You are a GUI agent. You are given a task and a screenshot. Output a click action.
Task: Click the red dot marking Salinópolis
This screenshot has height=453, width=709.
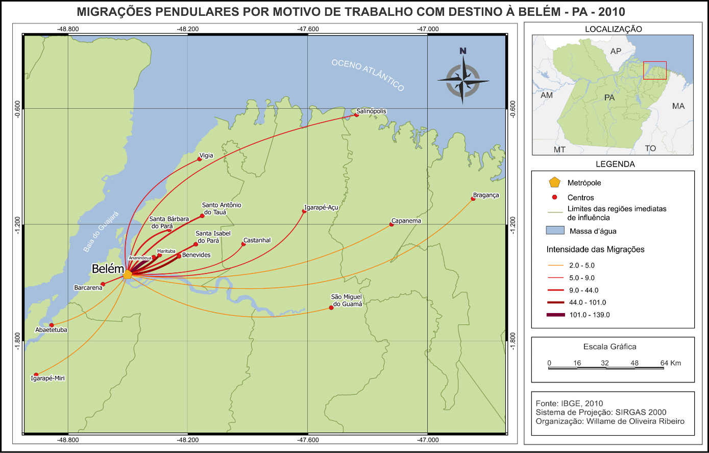pos(356,115)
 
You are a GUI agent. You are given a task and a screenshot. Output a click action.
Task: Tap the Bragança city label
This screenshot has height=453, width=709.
pos(486,195)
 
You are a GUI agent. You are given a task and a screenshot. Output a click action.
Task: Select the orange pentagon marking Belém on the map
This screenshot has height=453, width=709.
pos(128,275)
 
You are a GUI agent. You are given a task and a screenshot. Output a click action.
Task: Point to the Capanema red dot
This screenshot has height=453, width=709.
pos(392,225)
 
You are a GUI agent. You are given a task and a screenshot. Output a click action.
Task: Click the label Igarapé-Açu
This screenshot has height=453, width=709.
pos(321,208)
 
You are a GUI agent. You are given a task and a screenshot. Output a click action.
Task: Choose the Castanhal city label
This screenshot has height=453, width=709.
pos(257,240)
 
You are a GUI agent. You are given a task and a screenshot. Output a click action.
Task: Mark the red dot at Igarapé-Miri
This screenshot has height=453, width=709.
pos(36,374)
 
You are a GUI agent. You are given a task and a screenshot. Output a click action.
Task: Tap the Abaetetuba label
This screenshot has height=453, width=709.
pos(51,330)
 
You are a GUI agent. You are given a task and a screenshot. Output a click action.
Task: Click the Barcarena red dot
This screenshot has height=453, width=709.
pos(103,284)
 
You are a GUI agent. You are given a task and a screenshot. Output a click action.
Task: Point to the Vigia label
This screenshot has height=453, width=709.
pos(206,155)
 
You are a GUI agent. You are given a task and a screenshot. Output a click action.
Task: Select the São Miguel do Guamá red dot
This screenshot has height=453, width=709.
pos(331,307)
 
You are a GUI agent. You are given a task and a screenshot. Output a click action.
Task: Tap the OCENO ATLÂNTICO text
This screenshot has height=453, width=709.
pos(368,75)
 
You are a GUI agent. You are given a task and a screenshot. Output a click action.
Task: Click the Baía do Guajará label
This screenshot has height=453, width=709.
pos(101,231)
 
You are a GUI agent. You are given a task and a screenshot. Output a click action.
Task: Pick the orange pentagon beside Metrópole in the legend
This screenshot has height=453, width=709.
pos(554,182)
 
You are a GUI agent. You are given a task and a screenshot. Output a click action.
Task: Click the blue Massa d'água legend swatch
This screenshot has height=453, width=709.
pos(555,230)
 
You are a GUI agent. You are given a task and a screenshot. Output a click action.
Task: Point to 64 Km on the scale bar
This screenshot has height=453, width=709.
pos(671,363)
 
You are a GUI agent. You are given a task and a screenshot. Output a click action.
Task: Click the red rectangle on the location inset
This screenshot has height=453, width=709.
pos(654,70)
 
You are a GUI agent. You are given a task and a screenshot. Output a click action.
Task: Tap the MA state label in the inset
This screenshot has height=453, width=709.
pos(678,106)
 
